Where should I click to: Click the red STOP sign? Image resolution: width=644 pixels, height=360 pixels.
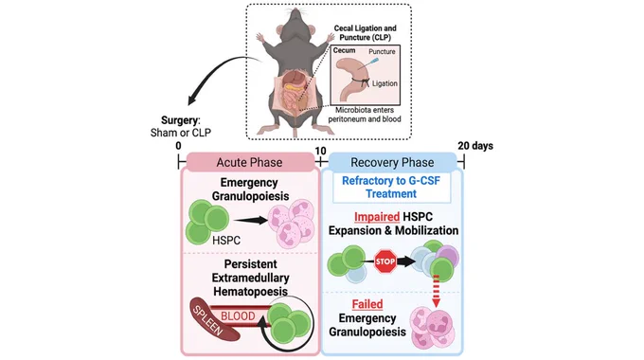(x=385, y=261)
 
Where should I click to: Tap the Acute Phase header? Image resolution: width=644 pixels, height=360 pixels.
(x=250, y=162)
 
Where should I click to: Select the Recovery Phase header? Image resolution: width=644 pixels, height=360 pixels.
(x=392, y=162)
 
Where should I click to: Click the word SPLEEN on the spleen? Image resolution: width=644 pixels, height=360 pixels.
(x=209, y=321)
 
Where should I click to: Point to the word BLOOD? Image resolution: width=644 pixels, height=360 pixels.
(x=238, y=316)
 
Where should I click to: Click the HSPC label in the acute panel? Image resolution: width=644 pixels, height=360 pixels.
(x=226, y=241)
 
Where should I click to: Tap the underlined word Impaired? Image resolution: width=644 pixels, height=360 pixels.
(x=377, y=217)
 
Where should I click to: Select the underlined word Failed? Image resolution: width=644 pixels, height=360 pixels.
(x=367, y=304)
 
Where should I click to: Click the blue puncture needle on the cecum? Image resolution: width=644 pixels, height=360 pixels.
(x=373, y=62)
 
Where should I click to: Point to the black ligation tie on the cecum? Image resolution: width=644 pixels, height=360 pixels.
(x=364, y=81)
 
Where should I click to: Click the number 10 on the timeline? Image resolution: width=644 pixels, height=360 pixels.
(x=320, y=151)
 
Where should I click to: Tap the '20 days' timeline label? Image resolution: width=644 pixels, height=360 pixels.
(x=475, y=146)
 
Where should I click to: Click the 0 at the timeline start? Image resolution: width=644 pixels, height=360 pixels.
(x=178, y=146)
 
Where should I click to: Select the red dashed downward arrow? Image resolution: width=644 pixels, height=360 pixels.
(x=437, y=291)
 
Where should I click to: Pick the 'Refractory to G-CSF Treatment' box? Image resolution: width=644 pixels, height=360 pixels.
(x=391, y=188)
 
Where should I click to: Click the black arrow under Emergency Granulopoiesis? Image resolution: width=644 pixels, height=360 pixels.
(x=251, y=221)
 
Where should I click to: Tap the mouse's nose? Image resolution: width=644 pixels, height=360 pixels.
(x=295, y=9)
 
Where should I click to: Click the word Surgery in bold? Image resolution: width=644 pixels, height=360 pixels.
(x=180, y=120)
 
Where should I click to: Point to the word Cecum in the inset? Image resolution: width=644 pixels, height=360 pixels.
(x=344, y=50)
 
